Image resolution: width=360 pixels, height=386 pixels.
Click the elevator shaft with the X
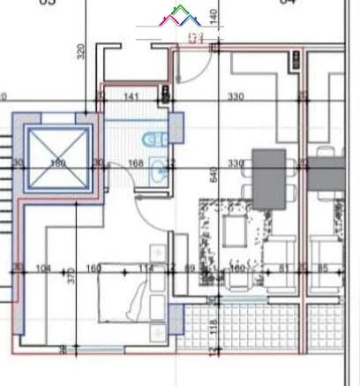point(58,159)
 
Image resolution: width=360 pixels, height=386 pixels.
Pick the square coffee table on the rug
point(236,229)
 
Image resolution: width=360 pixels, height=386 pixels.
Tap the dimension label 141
point(131,95)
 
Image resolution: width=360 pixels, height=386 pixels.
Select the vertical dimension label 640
point(213,175)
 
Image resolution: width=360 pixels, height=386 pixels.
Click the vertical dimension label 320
point(80,51)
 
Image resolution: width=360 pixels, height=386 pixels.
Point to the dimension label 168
point(136,163)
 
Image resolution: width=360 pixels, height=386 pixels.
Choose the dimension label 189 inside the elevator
point(59,163)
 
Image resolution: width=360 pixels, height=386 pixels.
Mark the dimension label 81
point(283,269)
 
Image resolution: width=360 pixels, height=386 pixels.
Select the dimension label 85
point(322,269)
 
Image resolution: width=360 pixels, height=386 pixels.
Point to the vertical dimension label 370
point(71,276)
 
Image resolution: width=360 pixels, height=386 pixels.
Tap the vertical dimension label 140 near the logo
point(213,16)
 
